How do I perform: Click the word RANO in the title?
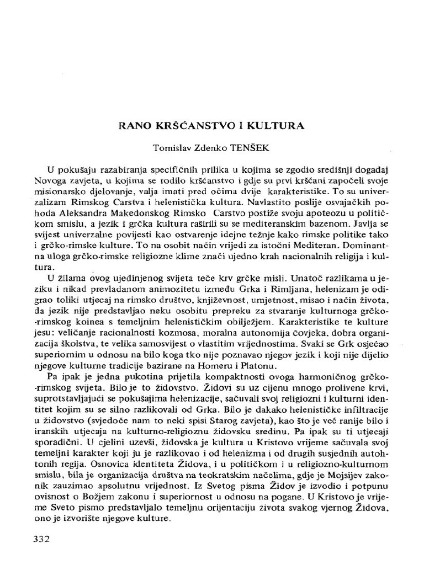135,125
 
